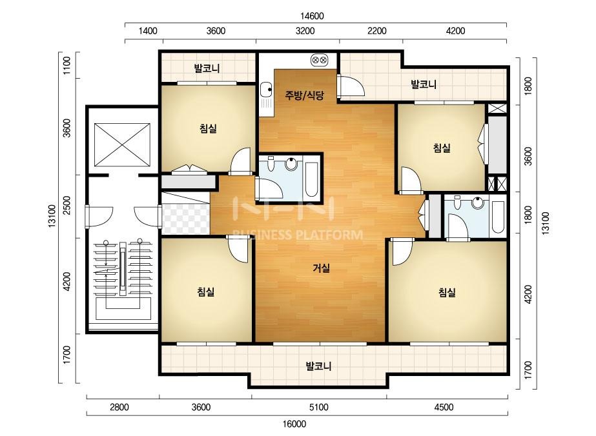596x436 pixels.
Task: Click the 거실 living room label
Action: pyautogui.click(x=321, y=268)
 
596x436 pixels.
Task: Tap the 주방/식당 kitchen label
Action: pyautogui.click(x=305, y=95)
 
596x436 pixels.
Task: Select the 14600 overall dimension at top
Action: pyautogui.click(x=312, y=16)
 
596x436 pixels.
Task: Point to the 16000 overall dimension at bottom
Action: pyautogui.click(x=294, y=424)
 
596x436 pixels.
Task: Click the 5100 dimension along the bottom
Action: pyautogui.click(x=318, y=407)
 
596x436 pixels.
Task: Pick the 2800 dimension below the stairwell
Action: pyautogui.click(x=119, y=407)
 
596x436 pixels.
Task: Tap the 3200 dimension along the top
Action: pyautogui.click(x=305, y=31)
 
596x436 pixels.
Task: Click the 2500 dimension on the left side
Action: pyautogui.click(x=67, y=205)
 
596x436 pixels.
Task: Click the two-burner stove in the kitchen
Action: pyautogui.click(x=319, y=60)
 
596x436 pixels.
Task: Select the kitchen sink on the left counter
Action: pyautogui.click(x=266, y=90)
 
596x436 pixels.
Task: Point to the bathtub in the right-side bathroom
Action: pyautogui.click(x=498, y=217)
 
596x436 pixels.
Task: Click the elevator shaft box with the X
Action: pyautogui.click(x=122, y=144)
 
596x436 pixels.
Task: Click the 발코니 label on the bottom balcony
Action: pyautogui.click(x=319, y=366)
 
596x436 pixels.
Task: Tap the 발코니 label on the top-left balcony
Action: pyautogui.click(x=207, y=69)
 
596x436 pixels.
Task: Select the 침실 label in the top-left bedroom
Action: pyautogui.click(x=208, y=128)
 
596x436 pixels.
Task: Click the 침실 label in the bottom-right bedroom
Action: pyautogui.click(x=447, y=292)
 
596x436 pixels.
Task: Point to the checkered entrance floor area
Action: pyautogui.click(x=186, y=219)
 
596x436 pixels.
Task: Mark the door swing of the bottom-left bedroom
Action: pyautogui.click(x=238, y=249)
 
